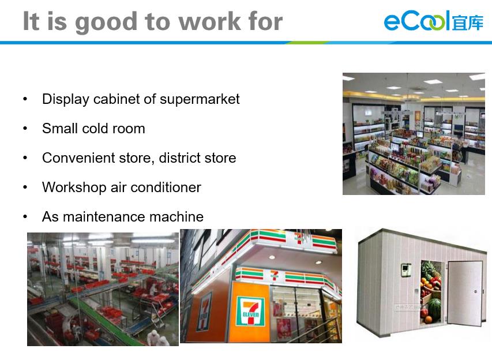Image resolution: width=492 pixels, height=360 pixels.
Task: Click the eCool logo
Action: (434, 21)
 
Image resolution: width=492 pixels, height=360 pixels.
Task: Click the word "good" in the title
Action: (106, 22)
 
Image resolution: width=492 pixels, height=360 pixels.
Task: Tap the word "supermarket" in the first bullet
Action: (200, 99)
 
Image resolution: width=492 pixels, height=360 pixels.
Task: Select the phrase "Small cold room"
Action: (93, 129)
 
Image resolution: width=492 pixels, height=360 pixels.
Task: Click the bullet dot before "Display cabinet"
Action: (25, 99)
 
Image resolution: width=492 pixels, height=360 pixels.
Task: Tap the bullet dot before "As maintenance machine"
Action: (25, 216)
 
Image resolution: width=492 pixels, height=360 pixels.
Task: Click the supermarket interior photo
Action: (414, 134)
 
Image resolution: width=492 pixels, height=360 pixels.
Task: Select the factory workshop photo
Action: (103, 289)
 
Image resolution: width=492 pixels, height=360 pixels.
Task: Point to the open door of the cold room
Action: (465, 292)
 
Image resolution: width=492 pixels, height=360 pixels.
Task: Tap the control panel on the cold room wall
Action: (406, 269)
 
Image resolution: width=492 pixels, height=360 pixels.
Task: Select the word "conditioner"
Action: (166, 187)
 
